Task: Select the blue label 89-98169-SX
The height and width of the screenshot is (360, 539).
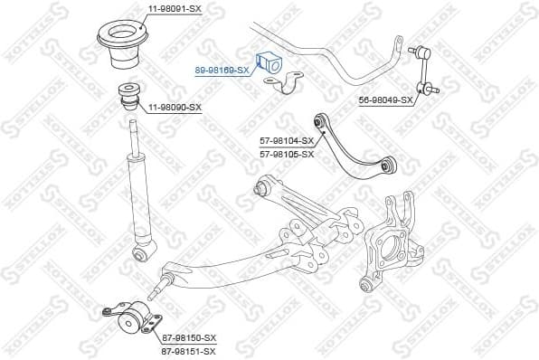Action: pos(222,68)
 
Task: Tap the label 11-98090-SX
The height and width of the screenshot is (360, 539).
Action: pos(175,107)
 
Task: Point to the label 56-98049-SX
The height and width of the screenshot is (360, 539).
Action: pos(385,99)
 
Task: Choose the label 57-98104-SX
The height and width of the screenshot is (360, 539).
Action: pos(287,141)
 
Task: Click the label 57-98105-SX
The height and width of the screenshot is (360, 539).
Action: pos(287,154)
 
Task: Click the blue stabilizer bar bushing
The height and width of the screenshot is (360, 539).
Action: pos(270,62)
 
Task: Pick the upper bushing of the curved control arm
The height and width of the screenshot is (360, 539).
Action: pos(318,119)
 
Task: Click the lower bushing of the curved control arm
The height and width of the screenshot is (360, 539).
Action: pos(388,165)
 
